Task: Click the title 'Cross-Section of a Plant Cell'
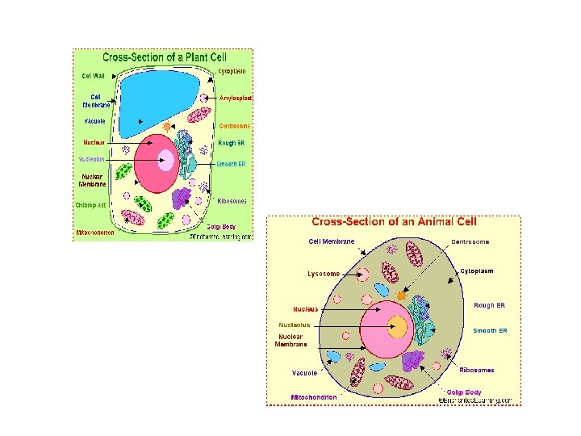click(x=164, y=57)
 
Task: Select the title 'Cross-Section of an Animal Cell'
click(x=394, y=221)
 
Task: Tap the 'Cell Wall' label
click(x=94, y=76)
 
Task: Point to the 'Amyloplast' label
click(x=236, y=98)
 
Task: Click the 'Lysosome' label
click(x=324, y=274)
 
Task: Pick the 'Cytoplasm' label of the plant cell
click(x=232, y=71)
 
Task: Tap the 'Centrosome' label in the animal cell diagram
click(x=470, y=241)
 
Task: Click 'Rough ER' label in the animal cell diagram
click(x=489, y=305)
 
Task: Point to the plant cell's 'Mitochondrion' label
click(x=94, y=233)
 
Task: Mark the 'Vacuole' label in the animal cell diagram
click(x=304, y=373)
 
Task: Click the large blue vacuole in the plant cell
click(x=157, y=101)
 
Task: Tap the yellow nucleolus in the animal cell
click(x=397, y=327)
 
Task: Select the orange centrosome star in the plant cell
click(x=168, y=127)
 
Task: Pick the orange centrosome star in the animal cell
click(x=401, y=296)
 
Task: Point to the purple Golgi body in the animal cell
click(x=413, y=361)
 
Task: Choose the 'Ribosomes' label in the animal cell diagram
click(x=476, y=370)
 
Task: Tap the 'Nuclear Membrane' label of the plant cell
click(x=93, y=180)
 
